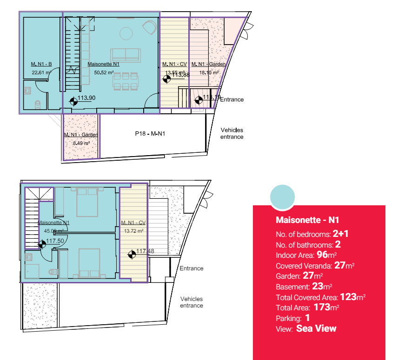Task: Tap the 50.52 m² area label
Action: [104, 72]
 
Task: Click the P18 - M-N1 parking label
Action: [150, 134]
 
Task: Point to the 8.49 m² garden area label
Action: [81, 143]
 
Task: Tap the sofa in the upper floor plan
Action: [125, 54]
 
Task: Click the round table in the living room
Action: [126, 33]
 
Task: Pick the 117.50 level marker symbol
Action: [42, 243]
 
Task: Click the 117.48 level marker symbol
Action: [132, 254]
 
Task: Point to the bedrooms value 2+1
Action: [341, 234]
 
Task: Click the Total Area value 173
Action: [322, 307]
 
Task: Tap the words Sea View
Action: [316, 329]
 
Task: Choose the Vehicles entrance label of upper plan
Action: [232, 133]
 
